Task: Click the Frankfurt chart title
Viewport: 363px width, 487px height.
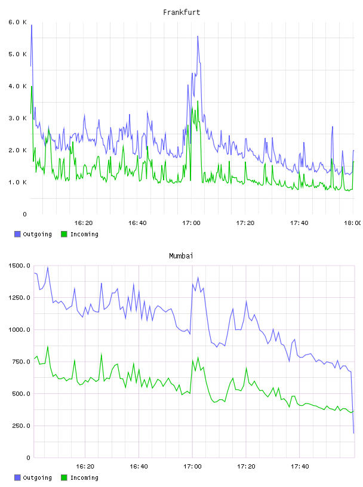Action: (x=181, y=12)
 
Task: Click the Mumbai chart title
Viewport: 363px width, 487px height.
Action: (x=181, y=255)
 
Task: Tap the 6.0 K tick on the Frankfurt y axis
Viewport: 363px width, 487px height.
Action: (x=18, y=22)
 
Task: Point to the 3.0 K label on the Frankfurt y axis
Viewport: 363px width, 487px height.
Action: (x=18, y=118)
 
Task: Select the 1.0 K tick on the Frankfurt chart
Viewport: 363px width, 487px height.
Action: (x=18, y=182)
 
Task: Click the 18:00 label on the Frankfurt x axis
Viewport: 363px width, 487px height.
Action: (x=353, y=223)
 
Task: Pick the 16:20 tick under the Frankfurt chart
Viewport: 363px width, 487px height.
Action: (x=84, y=223)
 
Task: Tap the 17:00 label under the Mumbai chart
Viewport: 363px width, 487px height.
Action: (x=192, y=466)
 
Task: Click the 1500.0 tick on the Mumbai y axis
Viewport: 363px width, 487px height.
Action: (x=19, y=266)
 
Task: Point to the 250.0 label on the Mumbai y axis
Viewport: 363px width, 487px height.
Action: (x=21, y=426)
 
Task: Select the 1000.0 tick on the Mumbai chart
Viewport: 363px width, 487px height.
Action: (x=19, y=329)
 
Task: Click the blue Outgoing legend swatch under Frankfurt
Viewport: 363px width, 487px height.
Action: (x=17, y=234)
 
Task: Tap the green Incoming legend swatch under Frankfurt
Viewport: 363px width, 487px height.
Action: (x=64, y=234)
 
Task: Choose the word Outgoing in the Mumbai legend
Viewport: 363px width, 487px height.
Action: (x=37, y=477)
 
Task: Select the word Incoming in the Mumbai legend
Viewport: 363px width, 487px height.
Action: (x=84, y=477)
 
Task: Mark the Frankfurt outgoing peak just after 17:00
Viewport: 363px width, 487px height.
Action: (x=198, y=36)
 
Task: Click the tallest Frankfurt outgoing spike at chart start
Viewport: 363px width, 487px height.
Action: (x=32, y=25)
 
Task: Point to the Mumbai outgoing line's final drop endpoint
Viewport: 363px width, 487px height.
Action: (x=353, y=433)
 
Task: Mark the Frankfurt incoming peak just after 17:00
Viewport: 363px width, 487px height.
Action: (x=198, y=101)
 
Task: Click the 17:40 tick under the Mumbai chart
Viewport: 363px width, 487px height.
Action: (x=300, y=466)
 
